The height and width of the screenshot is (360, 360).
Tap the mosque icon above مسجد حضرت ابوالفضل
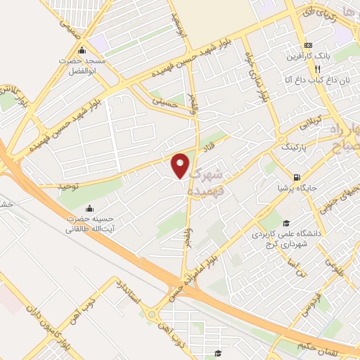[x=82, y=50]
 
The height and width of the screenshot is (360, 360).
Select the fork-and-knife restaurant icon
[x=318, y=69]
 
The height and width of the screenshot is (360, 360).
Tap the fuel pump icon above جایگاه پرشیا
[x=297, y=176]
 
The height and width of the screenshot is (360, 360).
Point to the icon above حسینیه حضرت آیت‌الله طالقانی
[x=89, y=208]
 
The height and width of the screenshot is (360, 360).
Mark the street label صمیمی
[x=71, y=28]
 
